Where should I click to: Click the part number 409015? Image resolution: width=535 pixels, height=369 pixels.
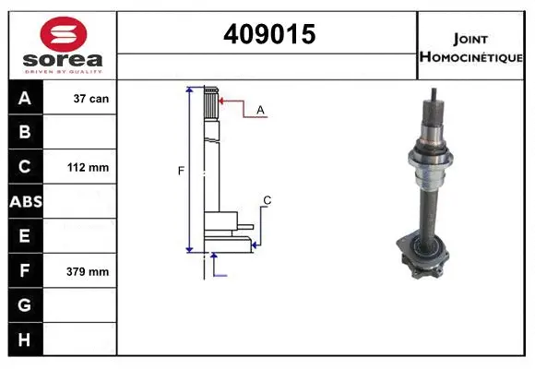[268, 34]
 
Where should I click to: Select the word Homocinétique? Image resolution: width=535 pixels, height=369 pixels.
[472, 56]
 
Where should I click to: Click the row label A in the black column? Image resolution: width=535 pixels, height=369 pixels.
[24, 98]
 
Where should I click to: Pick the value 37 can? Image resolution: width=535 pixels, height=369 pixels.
[90, 98]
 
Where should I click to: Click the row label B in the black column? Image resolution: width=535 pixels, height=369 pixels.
[24, 132]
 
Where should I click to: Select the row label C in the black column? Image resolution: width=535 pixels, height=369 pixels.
[24, 167]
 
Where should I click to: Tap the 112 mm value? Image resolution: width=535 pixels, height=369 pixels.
[89, 168]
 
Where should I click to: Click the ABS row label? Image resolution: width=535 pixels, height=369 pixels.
[24, 201]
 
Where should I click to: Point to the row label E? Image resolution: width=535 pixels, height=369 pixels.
[24, 236]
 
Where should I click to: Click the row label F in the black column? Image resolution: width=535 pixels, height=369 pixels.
[24, 271]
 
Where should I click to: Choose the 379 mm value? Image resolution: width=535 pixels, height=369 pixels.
[89, 272]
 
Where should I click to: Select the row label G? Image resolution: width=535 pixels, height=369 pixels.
[24, 305]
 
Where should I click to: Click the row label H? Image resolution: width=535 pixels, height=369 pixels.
[24, 339]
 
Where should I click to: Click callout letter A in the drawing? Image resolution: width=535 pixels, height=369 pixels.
[260, 110]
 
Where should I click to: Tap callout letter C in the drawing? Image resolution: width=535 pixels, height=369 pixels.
[267, 200]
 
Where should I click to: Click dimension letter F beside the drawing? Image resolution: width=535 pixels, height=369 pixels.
[181, 170]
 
